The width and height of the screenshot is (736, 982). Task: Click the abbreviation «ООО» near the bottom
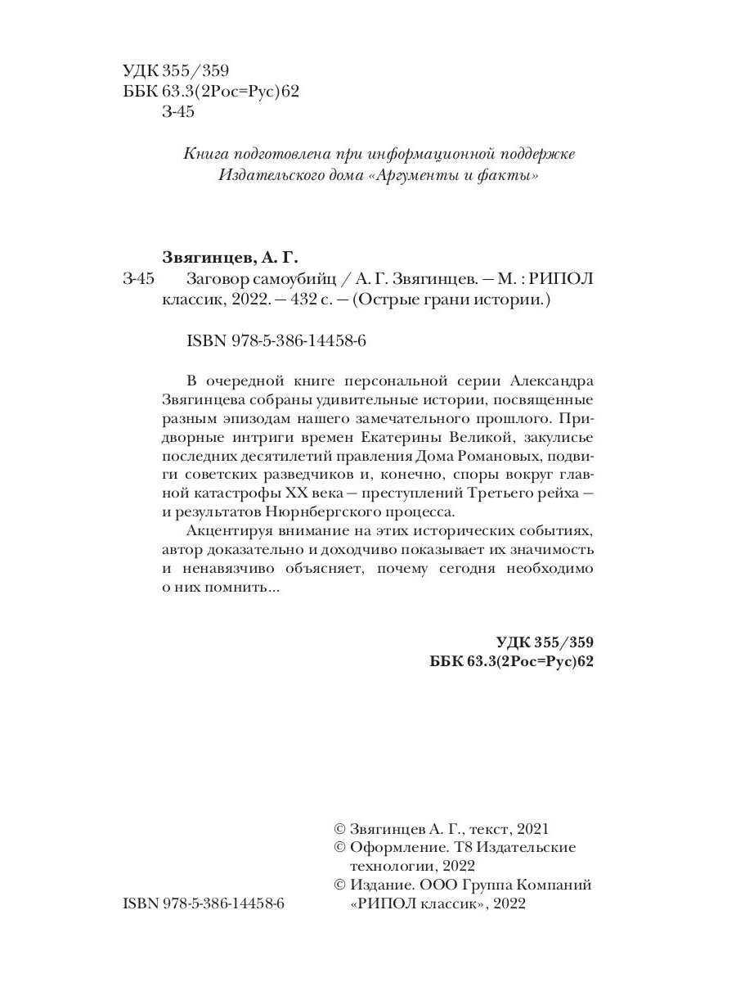pyautogui.click(x=437, y=885)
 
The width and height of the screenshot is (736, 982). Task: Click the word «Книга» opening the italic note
pyautogui.click(x=205, y=154)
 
